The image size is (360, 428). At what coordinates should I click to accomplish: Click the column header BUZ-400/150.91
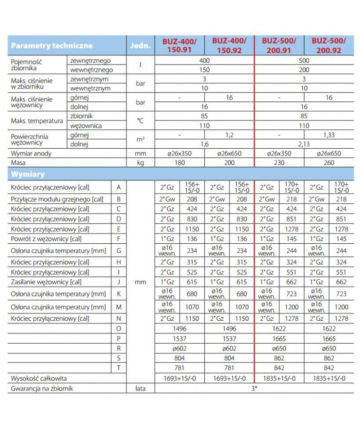[x=180, y=46]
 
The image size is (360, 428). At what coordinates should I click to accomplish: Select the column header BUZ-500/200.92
[x=329, y=46]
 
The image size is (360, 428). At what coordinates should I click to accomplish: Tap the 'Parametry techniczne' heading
[x=52, y=46]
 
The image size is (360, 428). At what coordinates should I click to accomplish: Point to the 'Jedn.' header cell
[x=140, y=46]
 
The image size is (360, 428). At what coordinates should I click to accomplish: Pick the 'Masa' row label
[x=18, y=163]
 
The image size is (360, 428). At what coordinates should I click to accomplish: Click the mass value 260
[x=329, y=163]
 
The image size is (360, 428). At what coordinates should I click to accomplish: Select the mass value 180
[x=180, y=163]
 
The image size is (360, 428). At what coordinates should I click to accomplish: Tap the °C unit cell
[x=140, y=121]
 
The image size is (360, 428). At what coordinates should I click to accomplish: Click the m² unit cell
[x=140, y=140]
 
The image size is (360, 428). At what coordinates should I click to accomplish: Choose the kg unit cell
[x=140, y=163]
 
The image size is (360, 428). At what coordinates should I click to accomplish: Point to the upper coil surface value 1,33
[x=329, y=135]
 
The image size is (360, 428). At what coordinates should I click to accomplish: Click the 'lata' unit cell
[x=140, y=388]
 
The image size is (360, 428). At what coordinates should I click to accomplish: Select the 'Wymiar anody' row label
[x=31, y=154]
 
